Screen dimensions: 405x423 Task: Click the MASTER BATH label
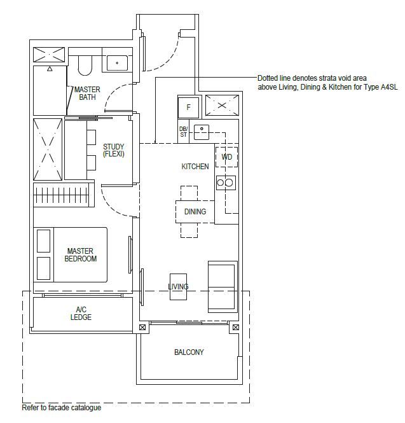coord(87,93)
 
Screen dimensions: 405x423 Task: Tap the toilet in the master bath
coord(85,66)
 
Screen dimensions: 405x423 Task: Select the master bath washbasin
coord(117,63)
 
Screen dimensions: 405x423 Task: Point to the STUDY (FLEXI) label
coord(114,150)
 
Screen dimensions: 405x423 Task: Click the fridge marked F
coord(188,107)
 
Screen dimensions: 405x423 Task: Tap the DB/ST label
coord(183,132)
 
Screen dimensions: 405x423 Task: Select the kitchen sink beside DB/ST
coord(202,132)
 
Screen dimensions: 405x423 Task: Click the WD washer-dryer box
coord(226,157)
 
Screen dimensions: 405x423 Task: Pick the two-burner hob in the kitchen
coord(226,183)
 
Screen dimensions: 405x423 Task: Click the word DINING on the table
coord(195,211)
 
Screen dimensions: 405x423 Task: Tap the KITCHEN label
coord(195,167)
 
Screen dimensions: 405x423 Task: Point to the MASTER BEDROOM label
coord(80,255)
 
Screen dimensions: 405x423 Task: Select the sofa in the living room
coord(223,287)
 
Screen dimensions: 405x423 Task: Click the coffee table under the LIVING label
coord(178,287)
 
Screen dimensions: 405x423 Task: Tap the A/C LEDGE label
coord(81,313)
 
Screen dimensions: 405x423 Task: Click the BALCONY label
coord(189,352)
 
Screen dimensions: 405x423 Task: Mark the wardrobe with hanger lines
coord(64,195)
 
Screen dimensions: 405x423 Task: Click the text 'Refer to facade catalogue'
coord(62,408)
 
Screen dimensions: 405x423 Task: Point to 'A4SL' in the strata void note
coord(389,87)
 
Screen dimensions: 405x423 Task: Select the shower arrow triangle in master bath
coord(50,69)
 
